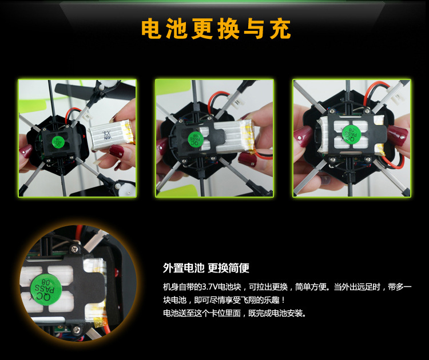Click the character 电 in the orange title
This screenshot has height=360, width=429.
152,29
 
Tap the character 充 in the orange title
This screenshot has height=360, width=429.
280,29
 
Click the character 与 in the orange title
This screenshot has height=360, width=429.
254,29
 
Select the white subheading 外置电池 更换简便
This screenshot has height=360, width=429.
206,268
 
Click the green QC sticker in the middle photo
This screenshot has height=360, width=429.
196,139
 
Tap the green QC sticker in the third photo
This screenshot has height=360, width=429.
351,134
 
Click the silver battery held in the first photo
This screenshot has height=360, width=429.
112,135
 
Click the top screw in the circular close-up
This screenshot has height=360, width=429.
75,249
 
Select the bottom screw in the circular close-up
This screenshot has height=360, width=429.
77,330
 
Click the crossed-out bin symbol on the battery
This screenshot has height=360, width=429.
107,135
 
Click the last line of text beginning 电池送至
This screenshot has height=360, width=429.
234,313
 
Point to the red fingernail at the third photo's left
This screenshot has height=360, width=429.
302,136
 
